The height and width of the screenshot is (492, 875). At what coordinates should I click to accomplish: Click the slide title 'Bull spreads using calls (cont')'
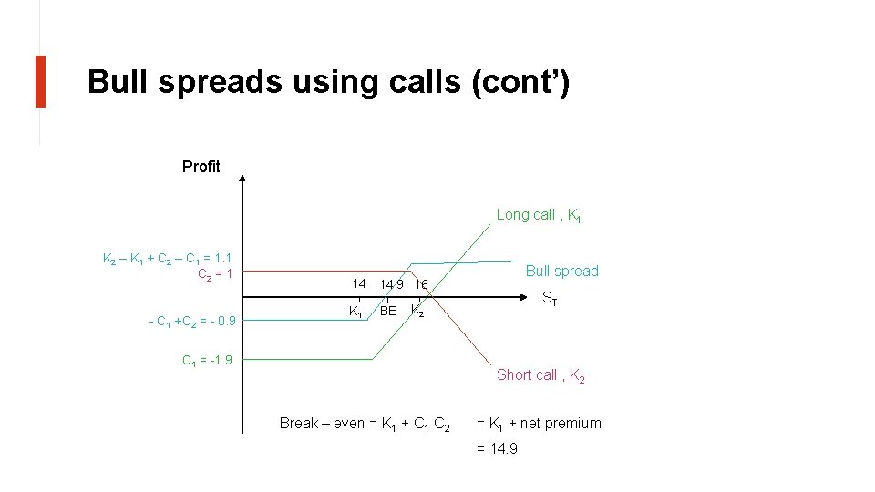tap(328, 82)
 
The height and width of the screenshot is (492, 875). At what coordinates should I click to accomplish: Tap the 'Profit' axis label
tap(201, 167)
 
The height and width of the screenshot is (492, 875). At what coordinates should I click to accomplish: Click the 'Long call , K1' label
tap(539, 215)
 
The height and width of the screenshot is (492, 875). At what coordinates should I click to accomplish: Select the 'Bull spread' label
tap(562, 271)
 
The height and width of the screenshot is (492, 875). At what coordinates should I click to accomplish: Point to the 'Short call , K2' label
tap(540, 374)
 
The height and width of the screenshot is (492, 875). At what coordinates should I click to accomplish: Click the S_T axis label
tap(550, 298)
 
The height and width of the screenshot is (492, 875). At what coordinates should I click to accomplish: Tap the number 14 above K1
tap(359, 283)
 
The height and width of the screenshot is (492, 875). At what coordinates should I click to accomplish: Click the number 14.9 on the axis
tap(392, 284)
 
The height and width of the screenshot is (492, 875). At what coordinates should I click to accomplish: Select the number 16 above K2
tap(420, 284)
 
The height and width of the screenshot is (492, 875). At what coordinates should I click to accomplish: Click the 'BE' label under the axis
tap(388, 311)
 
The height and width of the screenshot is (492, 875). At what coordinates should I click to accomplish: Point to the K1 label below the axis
tap(356, 311)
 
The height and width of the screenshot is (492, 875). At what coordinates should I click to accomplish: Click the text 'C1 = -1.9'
tap(207, 360)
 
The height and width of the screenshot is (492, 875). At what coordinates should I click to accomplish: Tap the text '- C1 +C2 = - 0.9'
tap(191, 321)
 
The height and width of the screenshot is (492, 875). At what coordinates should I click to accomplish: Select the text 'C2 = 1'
tap(215, 274)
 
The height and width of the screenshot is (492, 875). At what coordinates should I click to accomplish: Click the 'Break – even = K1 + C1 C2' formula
tap(364, 424)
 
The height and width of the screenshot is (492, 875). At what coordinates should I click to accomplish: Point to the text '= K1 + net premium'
tap(539, 423)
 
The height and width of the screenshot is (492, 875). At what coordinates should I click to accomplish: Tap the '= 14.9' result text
tap(497, 448)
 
